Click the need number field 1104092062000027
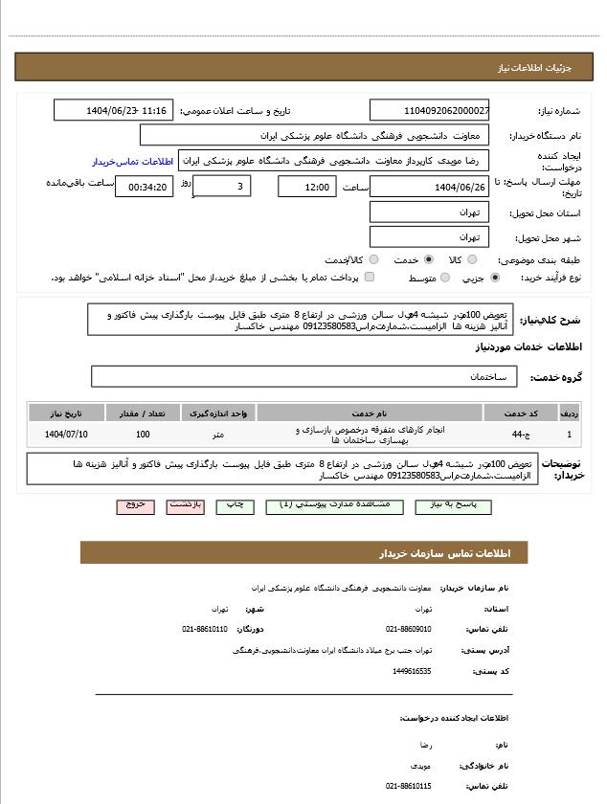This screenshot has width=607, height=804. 430,111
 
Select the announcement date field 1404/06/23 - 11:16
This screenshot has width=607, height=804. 114,111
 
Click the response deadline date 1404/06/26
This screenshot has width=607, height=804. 430,187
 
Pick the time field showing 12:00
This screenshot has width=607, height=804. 307,187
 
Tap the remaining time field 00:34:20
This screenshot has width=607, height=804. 145,187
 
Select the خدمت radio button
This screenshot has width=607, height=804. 428,259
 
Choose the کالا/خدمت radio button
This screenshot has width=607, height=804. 373,259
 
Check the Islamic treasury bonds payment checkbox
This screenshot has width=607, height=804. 370,278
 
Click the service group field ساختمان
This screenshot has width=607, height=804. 304,377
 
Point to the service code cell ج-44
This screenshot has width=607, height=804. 518,435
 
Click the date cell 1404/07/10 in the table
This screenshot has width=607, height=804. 66,435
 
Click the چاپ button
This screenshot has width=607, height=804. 235,504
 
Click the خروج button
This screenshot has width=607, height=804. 135,504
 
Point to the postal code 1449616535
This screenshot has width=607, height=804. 412,671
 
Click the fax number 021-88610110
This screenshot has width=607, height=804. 205,629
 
